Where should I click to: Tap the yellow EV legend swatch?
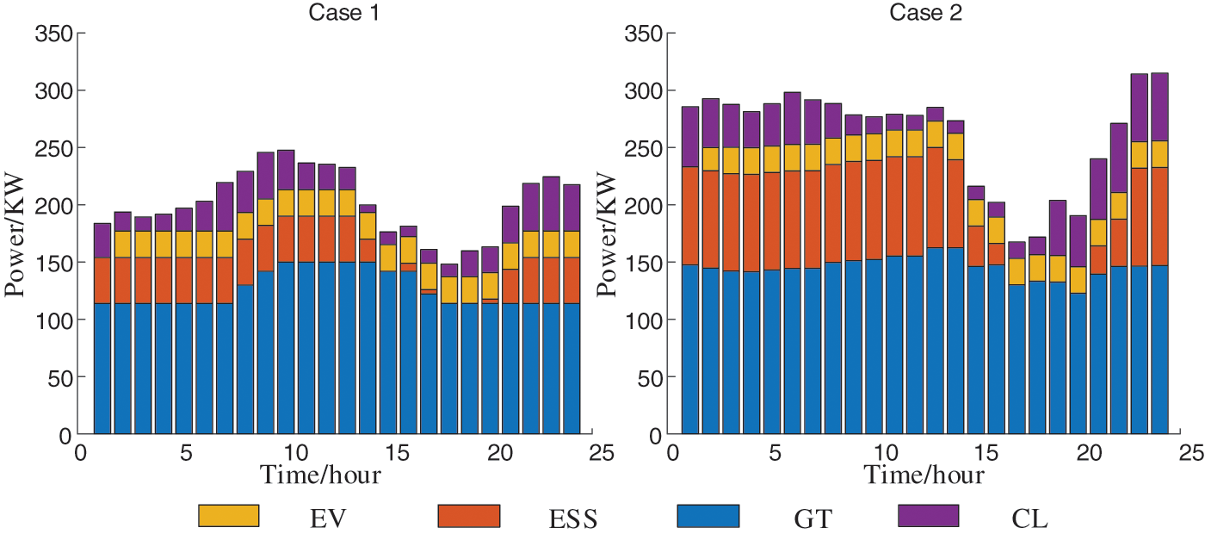coord(228,515)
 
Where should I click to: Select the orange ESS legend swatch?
coord(468,515)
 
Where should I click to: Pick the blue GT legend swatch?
coord(708,515)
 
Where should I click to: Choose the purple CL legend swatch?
coord(928,515)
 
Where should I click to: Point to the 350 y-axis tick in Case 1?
coord(53,34)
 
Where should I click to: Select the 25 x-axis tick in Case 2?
coord(1190,452)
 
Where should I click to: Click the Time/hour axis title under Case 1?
coord(321,475)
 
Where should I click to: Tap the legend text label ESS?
coord(573,518)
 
